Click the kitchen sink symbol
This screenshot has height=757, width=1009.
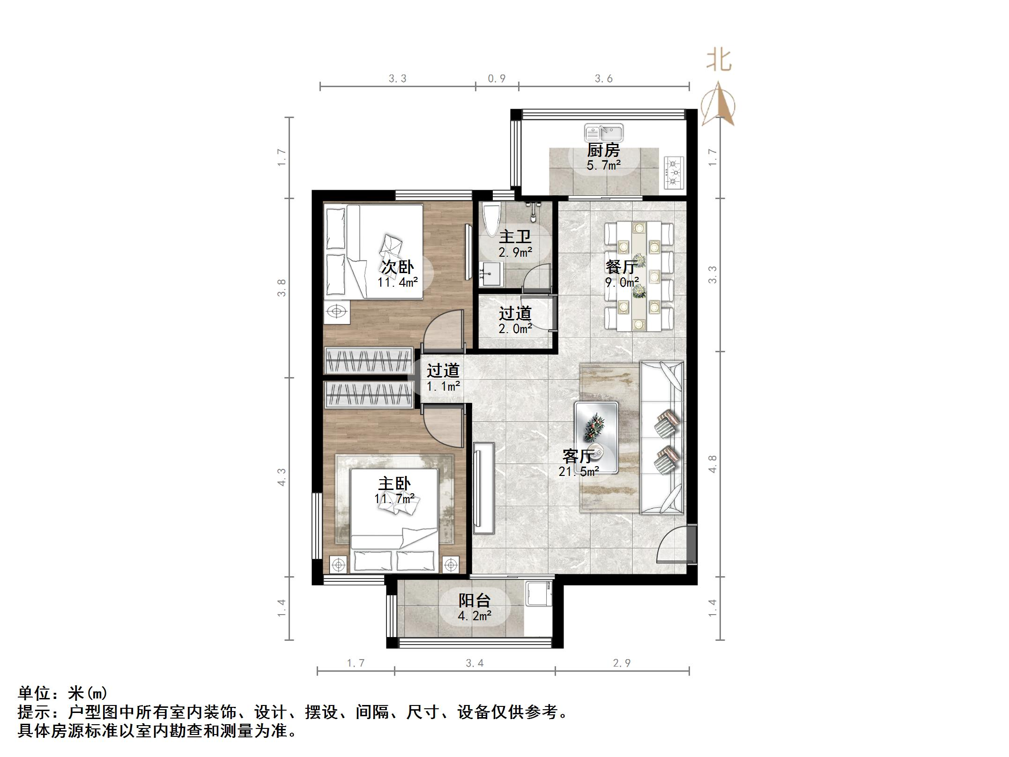[604, 133]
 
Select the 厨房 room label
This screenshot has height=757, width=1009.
[603, 150]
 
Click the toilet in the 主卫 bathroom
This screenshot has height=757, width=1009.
[491, 219]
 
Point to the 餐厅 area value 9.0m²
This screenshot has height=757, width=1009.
[622, 282]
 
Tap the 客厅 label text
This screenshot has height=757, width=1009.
[579, 456]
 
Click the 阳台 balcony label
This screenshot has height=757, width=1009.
[474, 601]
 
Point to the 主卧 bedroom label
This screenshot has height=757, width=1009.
[394, 483]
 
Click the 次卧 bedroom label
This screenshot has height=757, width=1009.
[397, 267]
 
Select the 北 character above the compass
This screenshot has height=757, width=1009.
[719, 60]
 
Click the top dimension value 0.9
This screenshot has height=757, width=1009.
[497, 79]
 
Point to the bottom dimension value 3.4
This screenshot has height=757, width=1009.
[474, 663]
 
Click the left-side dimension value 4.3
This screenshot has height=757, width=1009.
[282, 477]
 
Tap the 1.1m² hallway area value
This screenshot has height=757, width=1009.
[443, 386]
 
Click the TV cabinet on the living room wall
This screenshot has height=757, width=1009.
[483, 487]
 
